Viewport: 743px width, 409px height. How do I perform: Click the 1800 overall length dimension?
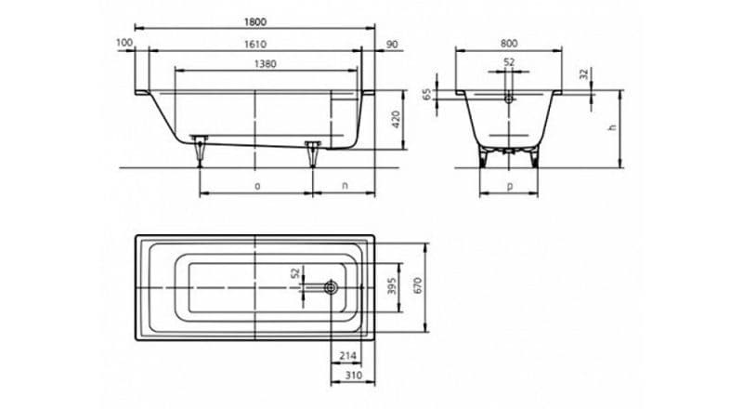[x=254, y=21]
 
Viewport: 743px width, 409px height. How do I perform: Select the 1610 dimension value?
[x=254, y=44]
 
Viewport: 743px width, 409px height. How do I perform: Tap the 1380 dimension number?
[x=265, y=64]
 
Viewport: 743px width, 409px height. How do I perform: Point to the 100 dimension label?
[x=124, y=43]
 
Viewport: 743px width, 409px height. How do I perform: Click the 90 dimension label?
[x=392, y=45]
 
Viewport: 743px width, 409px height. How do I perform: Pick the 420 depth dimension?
[x=397, y=120]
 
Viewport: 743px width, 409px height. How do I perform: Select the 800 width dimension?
[x=508, y=43]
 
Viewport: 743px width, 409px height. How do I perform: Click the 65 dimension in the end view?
[x=427, y=94]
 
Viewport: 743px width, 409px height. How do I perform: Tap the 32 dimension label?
[x=584, y=74]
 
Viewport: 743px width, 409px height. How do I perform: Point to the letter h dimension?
[x=612, y=127]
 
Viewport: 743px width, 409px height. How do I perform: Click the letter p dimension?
[x=510, y=186]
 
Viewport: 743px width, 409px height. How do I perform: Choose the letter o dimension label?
[x=257, y=186]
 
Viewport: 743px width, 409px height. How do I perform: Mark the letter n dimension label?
[x=345, y=186]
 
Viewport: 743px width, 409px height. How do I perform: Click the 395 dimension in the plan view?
[x=392, y=286]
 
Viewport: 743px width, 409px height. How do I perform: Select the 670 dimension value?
[x=417, y=285]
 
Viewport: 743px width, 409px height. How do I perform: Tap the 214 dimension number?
[x=347, y=355]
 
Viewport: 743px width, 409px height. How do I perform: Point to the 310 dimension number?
[x=353, y=376]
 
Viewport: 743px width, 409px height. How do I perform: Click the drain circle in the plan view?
[x=331, y=287]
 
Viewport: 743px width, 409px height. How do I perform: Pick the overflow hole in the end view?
[x=509, y=99]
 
